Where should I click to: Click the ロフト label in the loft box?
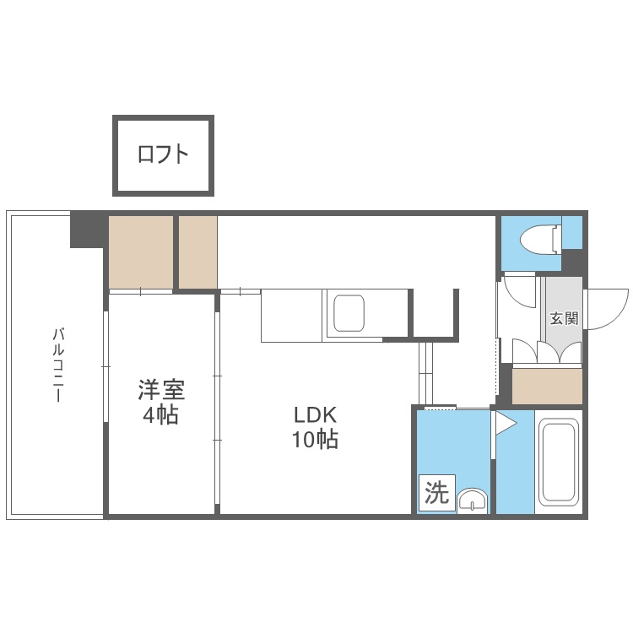(x=163, y=154)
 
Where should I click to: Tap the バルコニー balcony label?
(x=58, y=365)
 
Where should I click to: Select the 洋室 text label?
(x=161, y=390)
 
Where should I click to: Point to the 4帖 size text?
(x=160, y=414)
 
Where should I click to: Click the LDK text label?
(x=316, y=414)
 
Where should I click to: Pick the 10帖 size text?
(x=316, y=439)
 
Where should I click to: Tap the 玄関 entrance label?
(x=564, y=318)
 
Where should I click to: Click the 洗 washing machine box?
(x=437, y=493)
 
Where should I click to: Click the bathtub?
(x=559, y=462)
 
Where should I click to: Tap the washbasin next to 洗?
(x=473, y=500)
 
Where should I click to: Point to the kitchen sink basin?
(x=349, y=313)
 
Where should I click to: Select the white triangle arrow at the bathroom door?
(x=506, y=423)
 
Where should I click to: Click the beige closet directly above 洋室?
(x=141, y=252)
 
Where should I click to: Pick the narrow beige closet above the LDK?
(x=198, y=252)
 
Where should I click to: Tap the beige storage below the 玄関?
(x=547, y=387)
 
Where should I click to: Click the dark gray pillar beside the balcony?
(x=87, y=230)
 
